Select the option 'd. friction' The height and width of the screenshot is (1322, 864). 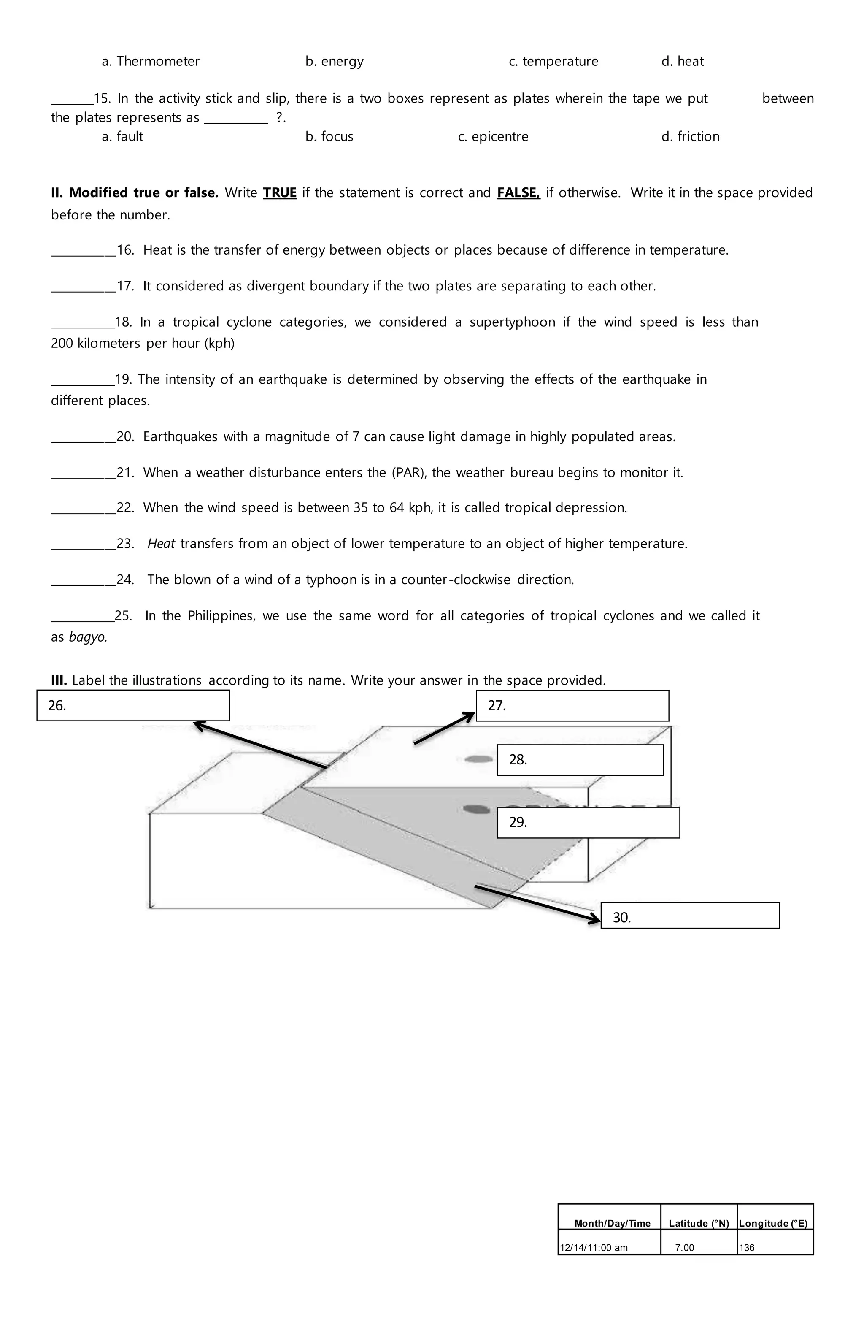(x=690, y=137)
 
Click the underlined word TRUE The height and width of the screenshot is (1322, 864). (x=279, y=193)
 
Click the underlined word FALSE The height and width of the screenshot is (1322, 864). (x=518, y=193)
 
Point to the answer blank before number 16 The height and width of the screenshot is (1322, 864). (x=83, y=251)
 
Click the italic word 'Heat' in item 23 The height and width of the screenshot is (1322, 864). (x=161, y=544)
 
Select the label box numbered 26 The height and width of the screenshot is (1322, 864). (x=133, y=705)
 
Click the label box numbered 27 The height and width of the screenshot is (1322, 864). (x=572, y=705)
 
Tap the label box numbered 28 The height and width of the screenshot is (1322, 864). (x=580, y=760)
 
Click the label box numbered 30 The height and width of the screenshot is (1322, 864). (x=690, y=917)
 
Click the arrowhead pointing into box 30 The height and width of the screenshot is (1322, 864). (x=594, y=921)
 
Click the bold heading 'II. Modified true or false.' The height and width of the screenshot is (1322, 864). (x=135, y=193)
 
